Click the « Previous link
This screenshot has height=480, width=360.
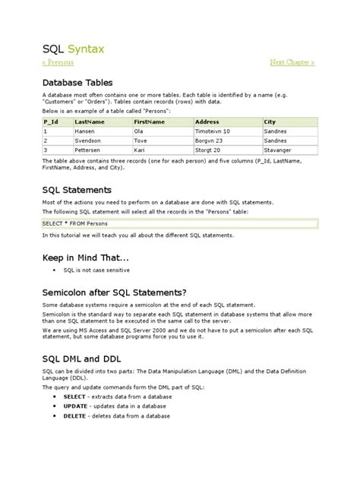[58, 62]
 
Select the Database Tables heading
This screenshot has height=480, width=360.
[78, 82]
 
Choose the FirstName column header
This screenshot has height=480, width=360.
[150, 122]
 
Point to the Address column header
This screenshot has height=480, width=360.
[207, 122]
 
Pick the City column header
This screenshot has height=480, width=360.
[270, 122]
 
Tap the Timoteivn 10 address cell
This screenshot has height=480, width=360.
[213, 131]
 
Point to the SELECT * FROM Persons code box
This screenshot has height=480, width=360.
[178, 223]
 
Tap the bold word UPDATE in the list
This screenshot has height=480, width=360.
[75, 406]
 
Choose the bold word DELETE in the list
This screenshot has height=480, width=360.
[74, 416]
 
